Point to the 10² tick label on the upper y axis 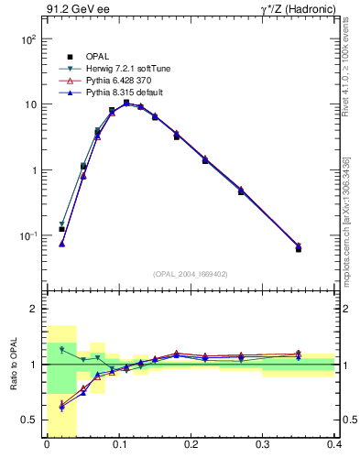tap(28, 39)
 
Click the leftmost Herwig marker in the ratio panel tap(62, 350)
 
